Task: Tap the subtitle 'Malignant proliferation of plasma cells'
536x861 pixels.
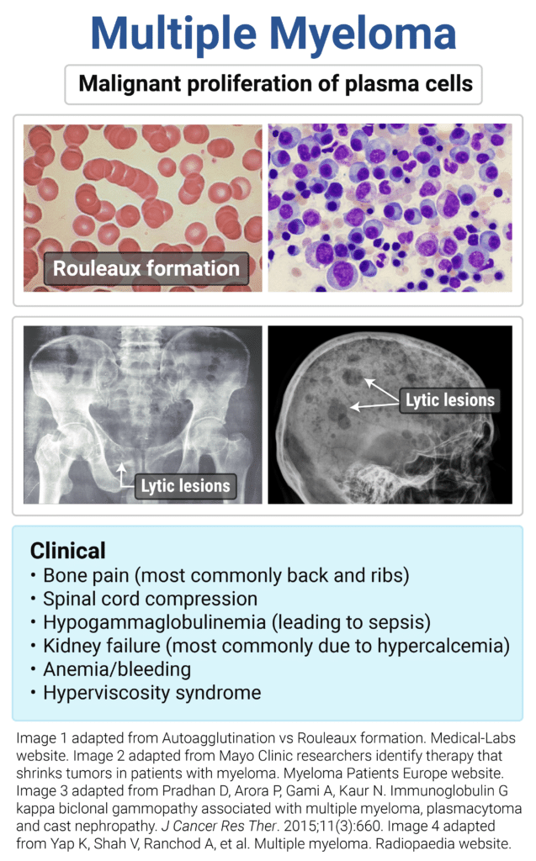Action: [274, 84]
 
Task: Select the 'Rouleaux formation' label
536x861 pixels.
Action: [146, 269]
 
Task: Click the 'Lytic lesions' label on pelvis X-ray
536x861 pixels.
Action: [185, 485]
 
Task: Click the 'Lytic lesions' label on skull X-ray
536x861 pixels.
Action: [450, 400]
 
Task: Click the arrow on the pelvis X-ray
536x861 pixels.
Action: [124, 475]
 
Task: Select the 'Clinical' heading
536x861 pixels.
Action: [68, 551]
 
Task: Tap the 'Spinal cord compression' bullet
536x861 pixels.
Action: [150, 600]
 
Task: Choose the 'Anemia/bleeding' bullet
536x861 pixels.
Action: [117, 670]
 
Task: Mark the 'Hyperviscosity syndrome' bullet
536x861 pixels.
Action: [151, 694]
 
